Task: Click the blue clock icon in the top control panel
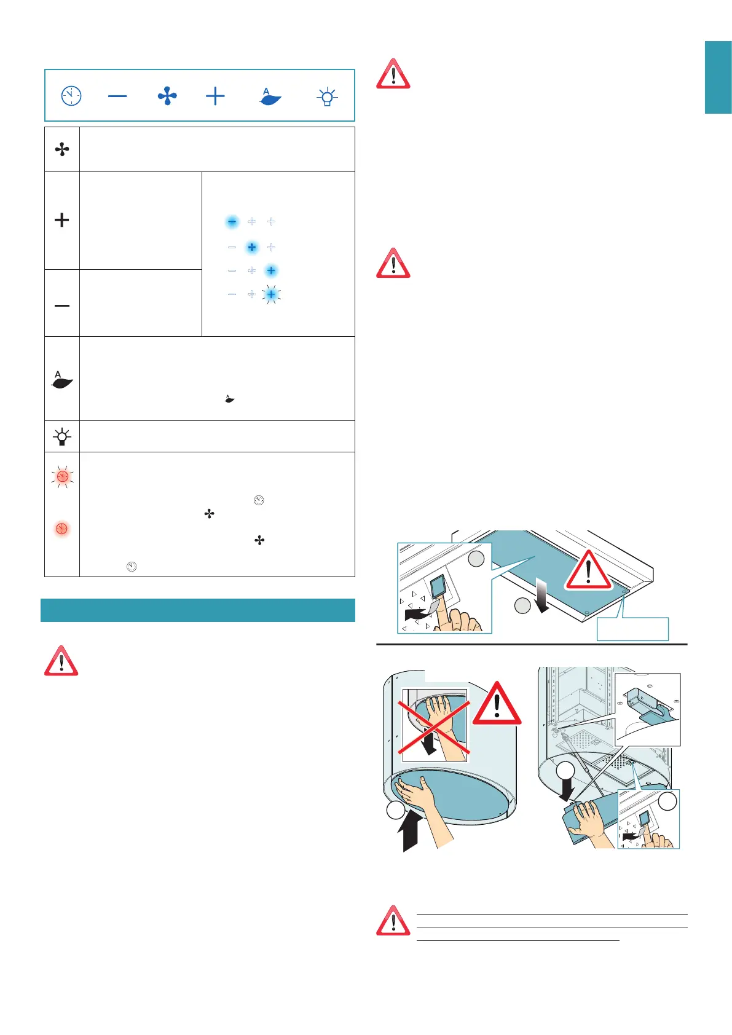pos(71,96)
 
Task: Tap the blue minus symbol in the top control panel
pos(117,96)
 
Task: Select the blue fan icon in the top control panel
pos(167,96)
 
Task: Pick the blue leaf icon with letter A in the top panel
pos(270,96)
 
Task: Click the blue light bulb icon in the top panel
pos(327,96)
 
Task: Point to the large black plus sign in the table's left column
pos(62,220)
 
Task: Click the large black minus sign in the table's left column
pos(62,305)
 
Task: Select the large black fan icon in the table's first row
pos(62,149)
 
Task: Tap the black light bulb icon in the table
pos(62,437)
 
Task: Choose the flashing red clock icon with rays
pos(62,476)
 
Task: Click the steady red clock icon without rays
pos(62,529)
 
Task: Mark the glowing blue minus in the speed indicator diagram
pos(232,222)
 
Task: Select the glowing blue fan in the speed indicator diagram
pos(251,247)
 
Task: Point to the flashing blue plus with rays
pos(271,294)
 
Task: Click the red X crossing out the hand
pos(434,722)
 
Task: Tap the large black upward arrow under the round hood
pos(410,830)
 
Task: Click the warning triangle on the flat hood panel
pos(588,570)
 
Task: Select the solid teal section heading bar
pos(198,610)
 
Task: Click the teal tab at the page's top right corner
pos(718,77)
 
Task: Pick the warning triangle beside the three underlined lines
pos(393,920)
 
